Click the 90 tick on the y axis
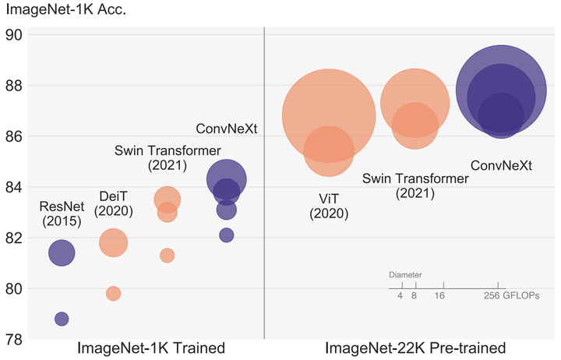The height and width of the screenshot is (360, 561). (15, 34)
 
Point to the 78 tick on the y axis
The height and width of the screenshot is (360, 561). (15, 340)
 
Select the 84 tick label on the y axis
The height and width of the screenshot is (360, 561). (15, 187)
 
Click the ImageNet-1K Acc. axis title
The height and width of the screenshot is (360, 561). (67, 11)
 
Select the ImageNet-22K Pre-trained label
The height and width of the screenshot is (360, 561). (415, 348)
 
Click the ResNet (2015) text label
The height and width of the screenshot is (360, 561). (61, 213)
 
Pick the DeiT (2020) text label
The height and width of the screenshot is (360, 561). (113, 203)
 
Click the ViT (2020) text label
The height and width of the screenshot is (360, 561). (328, 205)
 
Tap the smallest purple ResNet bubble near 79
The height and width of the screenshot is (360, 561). (62, 319)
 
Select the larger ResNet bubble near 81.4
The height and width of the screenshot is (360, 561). (62, 252)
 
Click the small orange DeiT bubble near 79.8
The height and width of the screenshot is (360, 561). (113, 294)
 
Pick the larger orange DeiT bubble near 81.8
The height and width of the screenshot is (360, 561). (113, 242)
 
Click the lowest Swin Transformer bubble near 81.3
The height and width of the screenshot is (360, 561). (167, 256)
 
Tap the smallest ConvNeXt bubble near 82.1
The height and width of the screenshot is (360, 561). (226, 235)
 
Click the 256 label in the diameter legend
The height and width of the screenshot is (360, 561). (491, 297)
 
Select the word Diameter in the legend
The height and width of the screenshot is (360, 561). (405, 275)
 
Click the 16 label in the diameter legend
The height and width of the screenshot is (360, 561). (439, 297)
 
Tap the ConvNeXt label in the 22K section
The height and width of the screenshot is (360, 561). (501, 166)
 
